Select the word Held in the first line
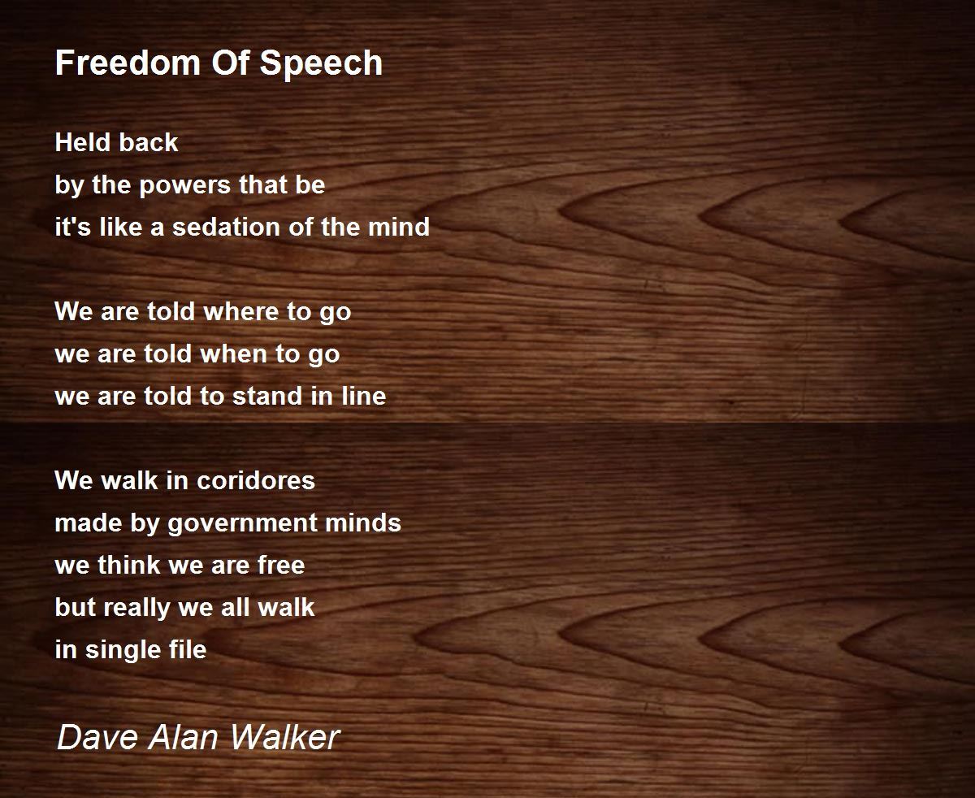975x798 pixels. [x=77, y=142]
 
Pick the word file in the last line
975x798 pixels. [x=188, y=649]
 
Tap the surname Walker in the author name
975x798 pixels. [x=284, y=737]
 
